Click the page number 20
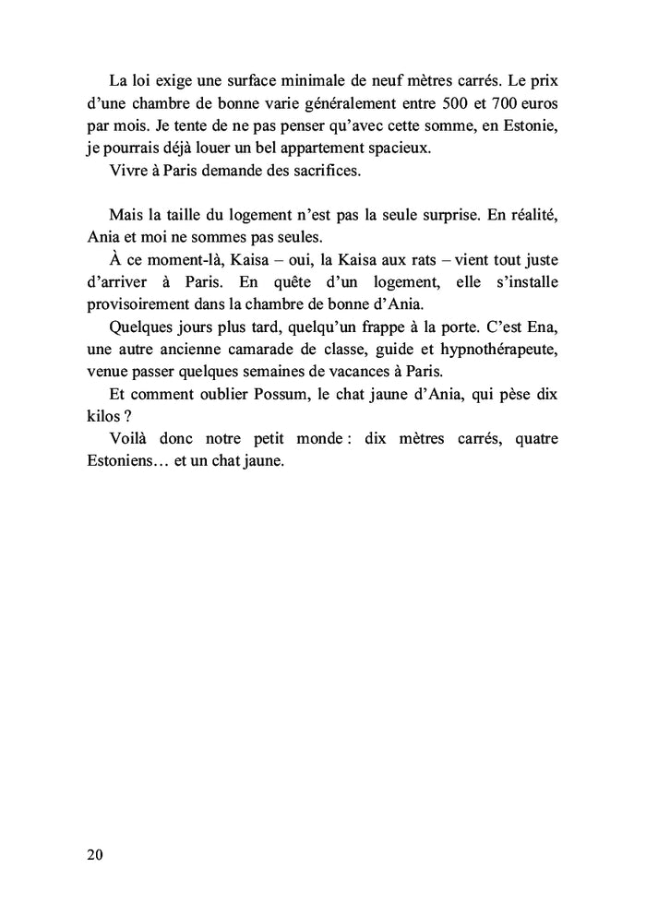95,854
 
